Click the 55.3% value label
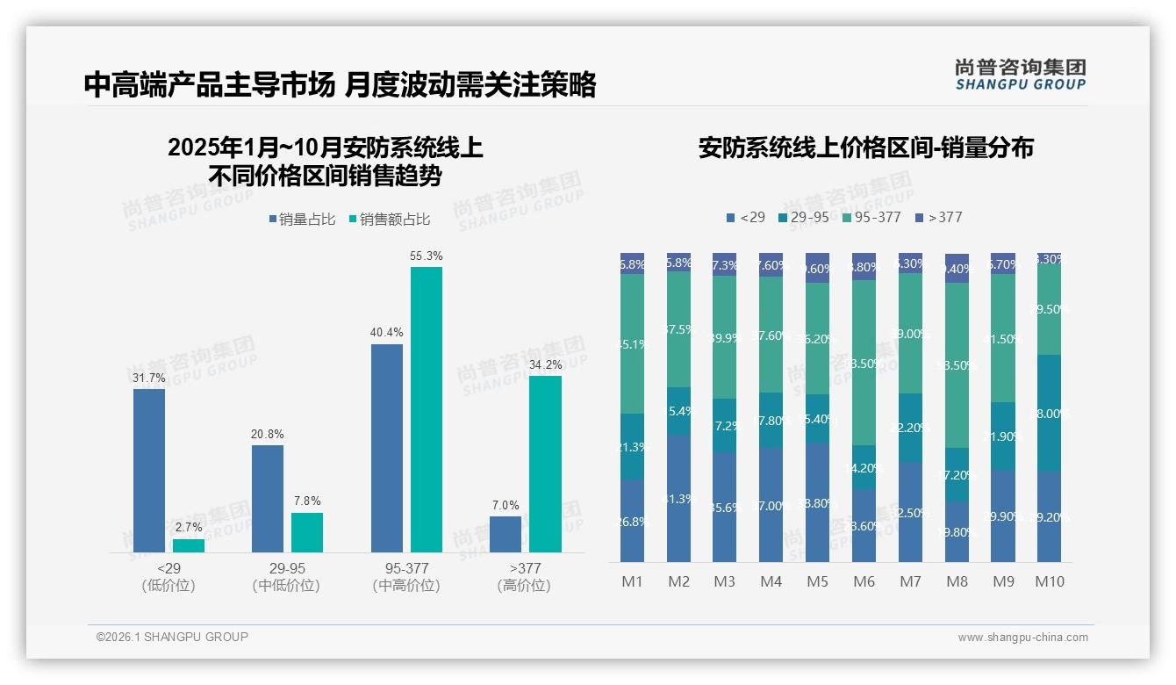[426, 256]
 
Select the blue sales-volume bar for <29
[149, 470]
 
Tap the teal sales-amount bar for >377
[544, 464]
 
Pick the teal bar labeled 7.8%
[307, 532]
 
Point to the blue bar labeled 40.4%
[387, 448]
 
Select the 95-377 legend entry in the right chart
[871, 217]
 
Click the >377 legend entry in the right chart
[938, 217]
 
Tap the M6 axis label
[864, 581]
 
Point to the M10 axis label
[1049, 581]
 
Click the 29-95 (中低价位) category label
[286, 577]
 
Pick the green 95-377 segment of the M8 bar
[957, 365]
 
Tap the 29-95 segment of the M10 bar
[1049, 413]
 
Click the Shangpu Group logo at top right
[1020, 74]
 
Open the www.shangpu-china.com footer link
[1022, 638]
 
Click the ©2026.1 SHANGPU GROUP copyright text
[172, 637]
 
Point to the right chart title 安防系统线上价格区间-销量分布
[865, 148]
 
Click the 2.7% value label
[189, 527]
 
